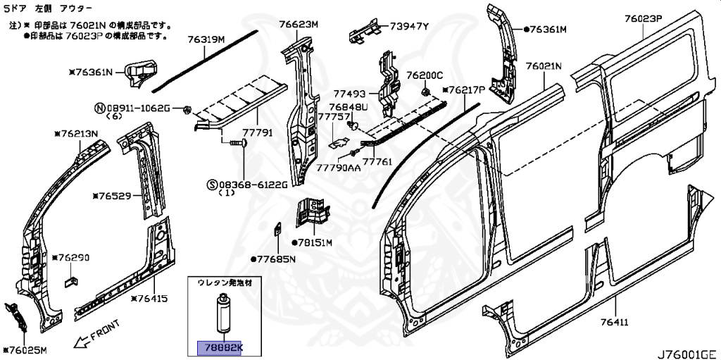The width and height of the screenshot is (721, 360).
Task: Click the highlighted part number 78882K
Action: [x=218, y=348]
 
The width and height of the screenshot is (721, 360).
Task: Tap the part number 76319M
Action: [x=206, y=39]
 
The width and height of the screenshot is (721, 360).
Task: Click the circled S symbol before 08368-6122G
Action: [x=211, y=185]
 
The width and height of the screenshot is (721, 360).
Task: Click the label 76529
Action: [x=115, y=196]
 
